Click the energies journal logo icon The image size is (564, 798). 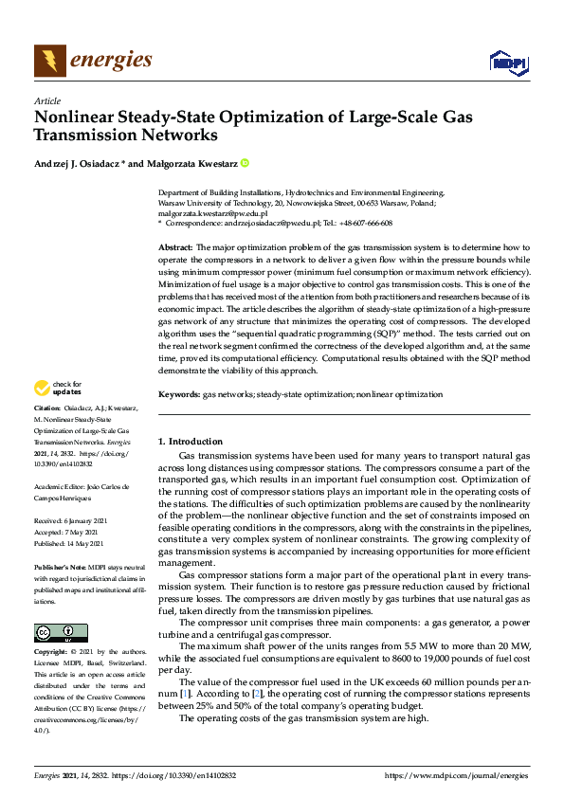pos(50,62)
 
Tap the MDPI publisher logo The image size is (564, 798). pos(508,63)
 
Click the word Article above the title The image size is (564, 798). pos(46,100)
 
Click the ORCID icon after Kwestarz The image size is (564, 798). pos(245,164)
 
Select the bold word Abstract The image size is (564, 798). pos(175,246)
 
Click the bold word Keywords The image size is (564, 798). pos(178,391)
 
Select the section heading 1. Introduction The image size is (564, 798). pos(191,442)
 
